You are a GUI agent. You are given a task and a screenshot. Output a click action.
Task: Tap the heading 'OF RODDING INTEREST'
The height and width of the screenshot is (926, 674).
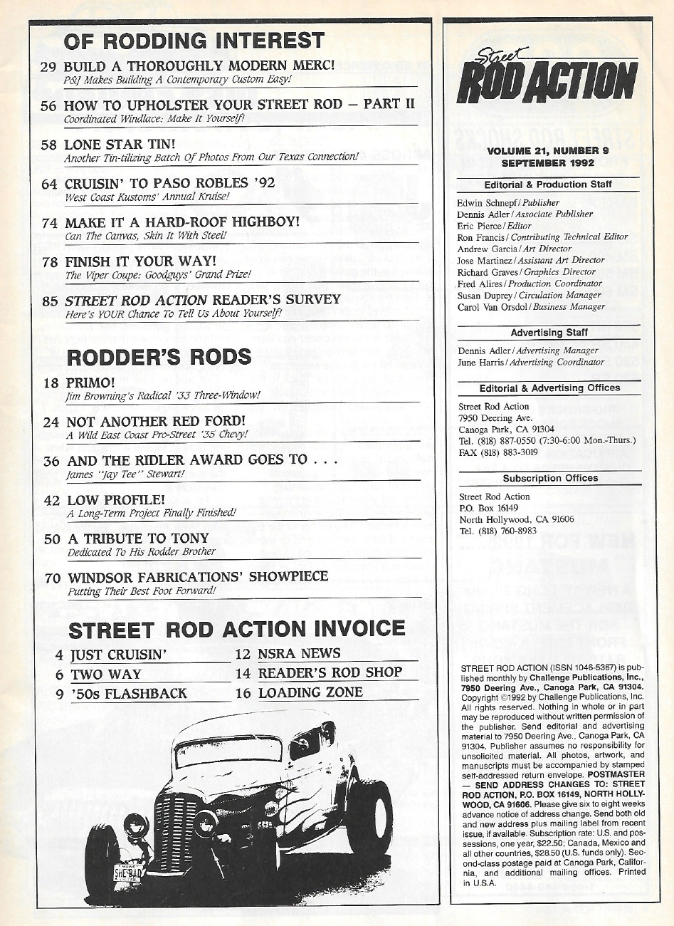click(x=194, y=41)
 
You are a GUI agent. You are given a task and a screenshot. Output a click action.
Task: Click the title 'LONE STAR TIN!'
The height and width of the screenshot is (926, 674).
click(x=120, y=143)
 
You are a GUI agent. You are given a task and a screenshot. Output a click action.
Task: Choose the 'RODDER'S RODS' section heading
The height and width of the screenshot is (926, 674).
click(x=159, y=356)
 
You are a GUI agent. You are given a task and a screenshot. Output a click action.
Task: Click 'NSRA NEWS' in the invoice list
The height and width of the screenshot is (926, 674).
click(x=299, y=653)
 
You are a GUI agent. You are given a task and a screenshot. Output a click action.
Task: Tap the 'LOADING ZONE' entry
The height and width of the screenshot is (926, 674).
click(x=310, y=692)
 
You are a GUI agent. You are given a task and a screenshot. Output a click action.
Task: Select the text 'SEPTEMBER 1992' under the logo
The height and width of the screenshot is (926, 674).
click(x=548, y=162)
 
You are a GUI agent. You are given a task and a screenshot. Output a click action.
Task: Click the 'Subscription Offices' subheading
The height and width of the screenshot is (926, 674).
click(x=550, y=478)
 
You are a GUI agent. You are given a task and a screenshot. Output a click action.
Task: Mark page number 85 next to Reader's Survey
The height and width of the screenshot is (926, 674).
click(x=49, y=301)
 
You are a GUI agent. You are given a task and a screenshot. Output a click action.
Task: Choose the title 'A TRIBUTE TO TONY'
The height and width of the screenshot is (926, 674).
click(x=138, y=538)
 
